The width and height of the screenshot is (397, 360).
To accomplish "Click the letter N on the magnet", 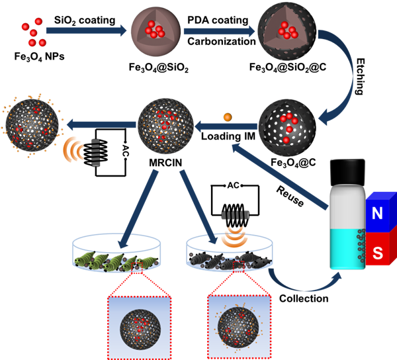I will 378,213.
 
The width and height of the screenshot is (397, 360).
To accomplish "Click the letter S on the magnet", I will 378,252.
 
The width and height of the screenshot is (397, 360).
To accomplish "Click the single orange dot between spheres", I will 227,117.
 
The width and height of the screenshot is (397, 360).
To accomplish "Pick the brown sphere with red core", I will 155,31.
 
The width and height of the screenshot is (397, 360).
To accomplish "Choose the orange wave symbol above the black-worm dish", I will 232,236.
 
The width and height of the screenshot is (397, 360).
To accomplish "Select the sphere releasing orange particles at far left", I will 31,124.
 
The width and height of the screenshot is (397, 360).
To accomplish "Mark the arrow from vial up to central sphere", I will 278,175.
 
